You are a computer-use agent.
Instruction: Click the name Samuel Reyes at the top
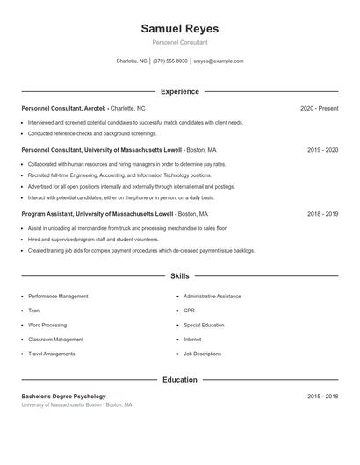(179, 29)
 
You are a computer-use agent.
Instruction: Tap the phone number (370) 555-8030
(170, 61)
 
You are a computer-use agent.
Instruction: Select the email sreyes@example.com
(219, 61)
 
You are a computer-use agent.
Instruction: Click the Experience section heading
(179, 91)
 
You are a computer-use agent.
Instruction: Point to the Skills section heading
(179, 276)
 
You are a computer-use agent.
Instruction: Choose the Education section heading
(179, 380)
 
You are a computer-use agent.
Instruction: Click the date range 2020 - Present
(319, 108)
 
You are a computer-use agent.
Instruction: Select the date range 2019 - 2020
(322, 150)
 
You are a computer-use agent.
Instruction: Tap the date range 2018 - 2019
(322, 213)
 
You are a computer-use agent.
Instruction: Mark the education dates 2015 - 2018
(322, 397)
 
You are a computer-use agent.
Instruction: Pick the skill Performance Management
(58, 297)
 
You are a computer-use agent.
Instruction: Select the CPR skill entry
(189, 311)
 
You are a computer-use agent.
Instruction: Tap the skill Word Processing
(47, 325)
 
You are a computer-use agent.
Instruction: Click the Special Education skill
(204, 325)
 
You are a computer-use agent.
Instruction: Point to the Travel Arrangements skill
(52, 354)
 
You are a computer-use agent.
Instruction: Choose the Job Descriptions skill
(202, 354)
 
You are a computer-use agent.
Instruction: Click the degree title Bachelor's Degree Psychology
(63, 397)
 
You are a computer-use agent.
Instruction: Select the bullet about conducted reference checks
(92, 133)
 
